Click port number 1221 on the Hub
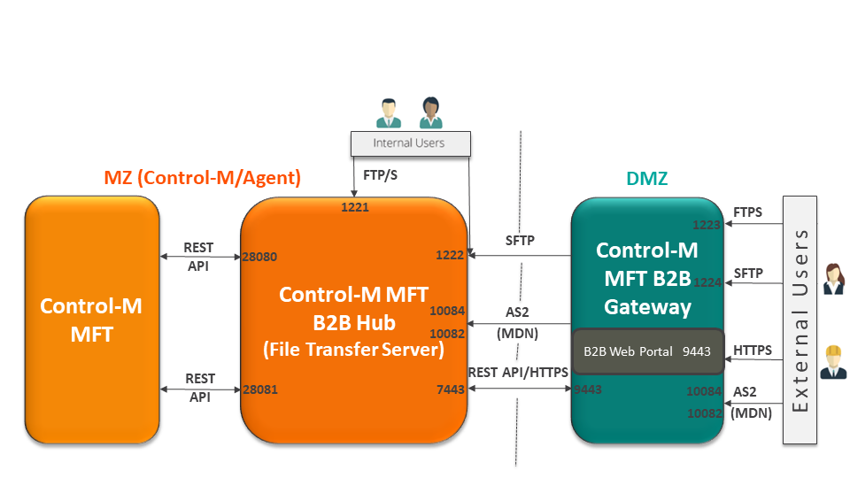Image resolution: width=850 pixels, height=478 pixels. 355,208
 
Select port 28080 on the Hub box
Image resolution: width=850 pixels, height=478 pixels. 259,257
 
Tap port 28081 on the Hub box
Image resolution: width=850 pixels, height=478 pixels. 259,389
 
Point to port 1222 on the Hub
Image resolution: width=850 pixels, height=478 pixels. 450,255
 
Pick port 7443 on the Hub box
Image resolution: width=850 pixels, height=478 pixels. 450,389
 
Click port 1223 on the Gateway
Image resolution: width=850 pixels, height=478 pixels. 707,225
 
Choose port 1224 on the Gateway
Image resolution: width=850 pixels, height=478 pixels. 707,282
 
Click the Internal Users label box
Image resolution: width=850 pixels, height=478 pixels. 409,143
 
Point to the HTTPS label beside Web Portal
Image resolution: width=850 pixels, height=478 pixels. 753,351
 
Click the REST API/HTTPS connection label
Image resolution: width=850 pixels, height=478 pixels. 518,373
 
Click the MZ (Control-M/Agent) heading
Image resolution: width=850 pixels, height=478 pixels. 203,178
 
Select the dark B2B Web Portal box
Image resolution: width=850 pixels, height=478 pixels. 648,351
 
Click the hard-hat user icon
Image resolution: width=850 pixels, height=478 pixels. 832,360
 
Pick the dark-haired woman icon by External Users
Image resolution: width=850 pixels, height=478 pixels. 833,278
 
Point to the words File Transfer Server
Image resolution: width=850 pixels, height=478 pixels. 353,349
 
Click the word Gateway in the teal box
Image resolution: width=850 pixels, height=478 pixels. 647,307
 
